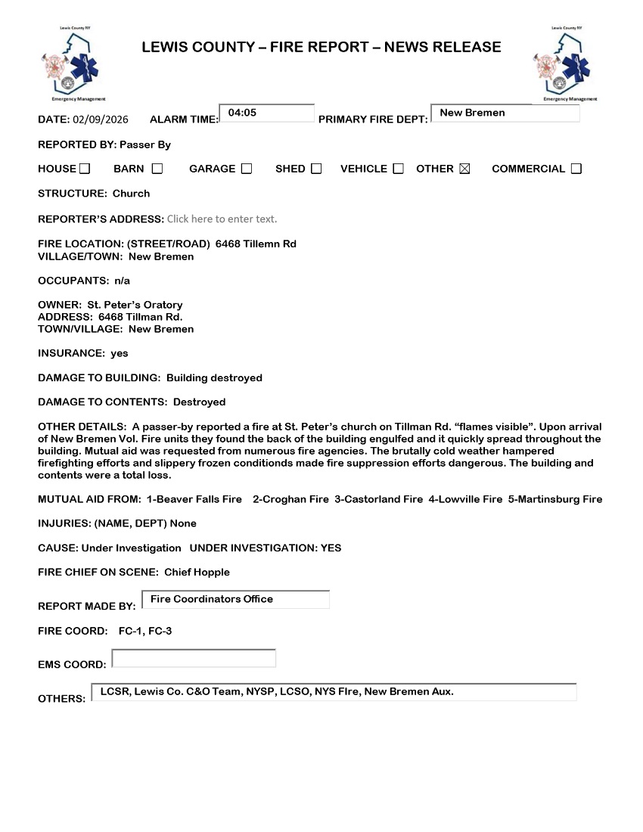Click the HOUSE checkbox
pyautogui.click(x=85, y=169)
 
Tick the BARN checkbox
pyautogui.click(x=157, y=169)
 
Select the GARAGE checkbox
pyautogui.click(x=247, y=169)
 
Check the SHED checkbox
pyautogui.click(x=316, y=169)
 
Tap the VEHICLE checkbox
pyautogui.click(x=399, y=169)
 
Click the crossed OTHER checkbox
pyautogui.click(x=464, y=169)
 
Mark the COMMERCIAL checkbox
pyautogui.click(x=576, y=169)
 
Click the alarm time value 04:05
pyautogui.click(x=242, y=113)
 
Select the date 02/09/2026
pyautogui.click(x=100, y=120)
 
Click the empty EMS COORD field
pyautogui.click(x=194, y=659)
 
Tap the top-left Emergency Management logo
pyautogui.click(x=73, y=65)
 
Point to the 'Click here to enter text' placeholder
pyautogui.click(x=222, y=219)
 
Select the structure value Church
pyautogui.click(x=132, y=194)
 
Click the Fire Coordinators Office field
pyautogui.click(x=212, y=599)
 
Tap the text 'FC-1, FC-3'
pyautogui.click(x=145, y=631)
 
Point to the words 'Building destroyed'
pyautogui.click(x=214, y=377)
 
